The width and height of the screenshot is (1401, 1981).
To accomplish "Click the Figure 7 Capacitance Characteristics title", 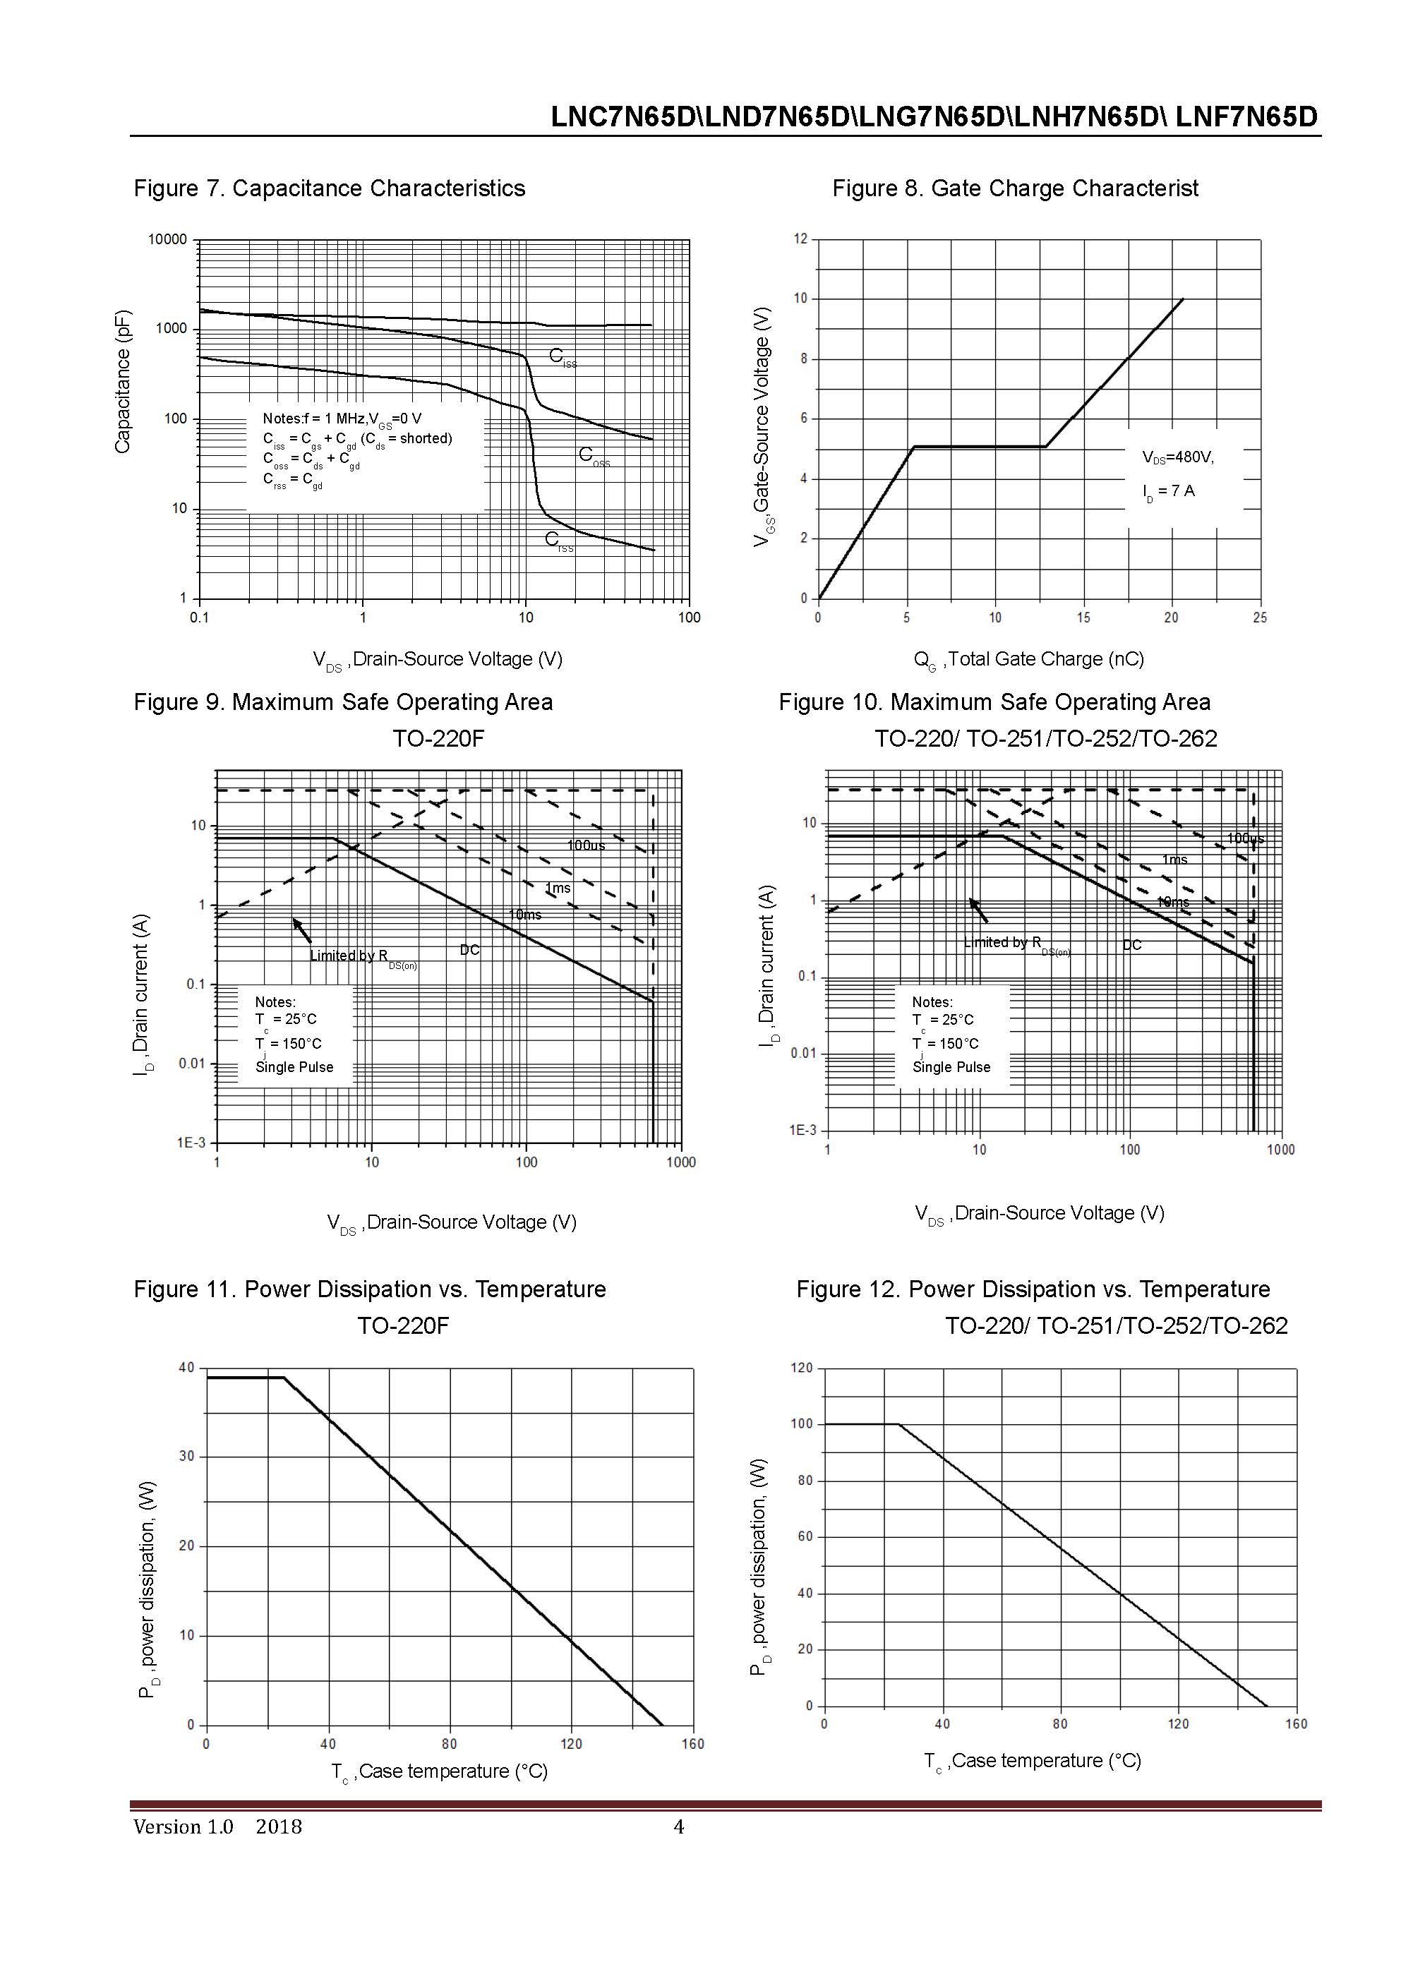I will click(x=329, y=188).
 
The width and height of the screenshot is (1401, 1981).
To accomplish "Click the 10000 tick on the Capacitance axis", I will click(x=167, y=240).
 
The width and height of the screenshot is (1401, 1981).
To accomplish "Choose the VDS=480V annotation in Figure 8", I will click(x=1177, y=457).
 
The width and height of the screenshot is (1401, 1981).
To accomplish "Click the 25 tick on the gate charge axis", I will click(x=1260, y=618).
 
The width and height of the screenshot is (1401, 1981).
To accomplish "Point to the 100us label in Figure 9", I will click(x=586, y=845).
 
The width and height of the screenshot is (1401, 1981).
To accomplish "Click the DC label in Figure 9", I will click(x=469, y=950).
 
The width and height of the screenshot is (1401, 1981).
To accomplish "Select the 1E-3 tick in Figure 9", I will click(x=191, y=1143).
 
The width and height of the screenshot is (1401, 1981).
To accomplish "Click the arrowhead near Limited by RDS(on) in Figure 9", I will click(x=296, y=922).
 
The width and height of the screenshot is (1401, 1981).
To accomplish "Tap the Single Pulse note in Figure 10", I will click(x=951, y=1067).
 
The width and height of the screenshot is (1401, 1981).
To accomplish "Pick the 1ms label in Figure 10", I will click(x=1174, y=860).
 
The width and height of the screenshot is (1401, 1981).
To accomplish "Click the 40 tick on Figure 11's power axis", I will click(x=186, y=1368).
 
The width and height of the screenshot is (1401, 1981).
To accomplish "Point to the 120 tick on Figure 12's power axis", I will click(x=802, y=1368).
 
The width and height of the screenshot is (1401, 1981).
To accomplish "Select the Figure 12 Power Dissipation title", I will click(x=1033, y=1289).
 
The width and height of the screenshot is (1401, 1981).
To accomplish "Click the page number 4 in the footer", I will click(x=679, y=1826).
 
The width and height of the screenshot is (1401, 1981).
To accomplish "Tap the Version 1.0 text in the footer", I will click(x=183, y=1826).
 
